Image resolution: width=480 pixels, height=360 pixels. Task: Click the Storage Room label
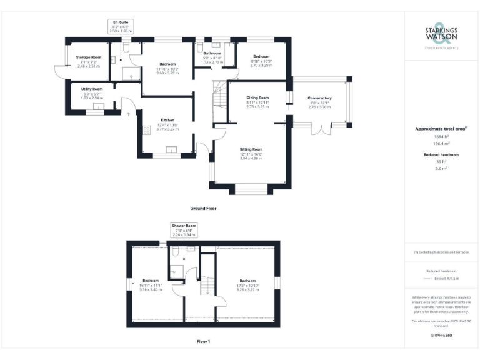click(x=89, y=57)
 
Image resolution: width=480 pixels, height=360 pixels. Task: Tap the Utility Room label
click(x=91, y=89)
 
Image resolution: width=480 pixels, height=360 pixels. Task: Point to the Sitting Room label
click(x=252, y=149)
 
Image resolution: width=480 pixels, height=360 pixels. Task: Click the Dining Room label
click(x=257, y=97)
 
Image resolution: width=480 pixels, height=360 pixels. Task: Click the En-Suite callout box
click(x=121, y=26)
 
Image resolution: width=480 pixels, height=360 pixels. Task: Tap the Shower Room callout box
click(x=184, y=229)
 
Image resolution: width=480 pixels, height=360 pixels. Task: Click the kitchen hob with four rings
click(x=147, y=131)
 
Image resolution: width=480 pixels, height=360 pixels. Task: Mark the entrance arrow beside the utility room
click(x=127, y=113)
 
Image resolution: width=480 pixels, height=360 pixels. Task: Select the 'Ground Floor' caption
click(x=203, y=208)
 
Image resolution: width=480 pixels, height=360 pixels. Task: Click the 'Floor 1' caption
click(x=203, y=342)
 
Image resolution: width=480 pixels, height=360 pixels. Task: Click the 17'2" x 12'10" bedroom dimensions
click(x=248, y=289)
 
